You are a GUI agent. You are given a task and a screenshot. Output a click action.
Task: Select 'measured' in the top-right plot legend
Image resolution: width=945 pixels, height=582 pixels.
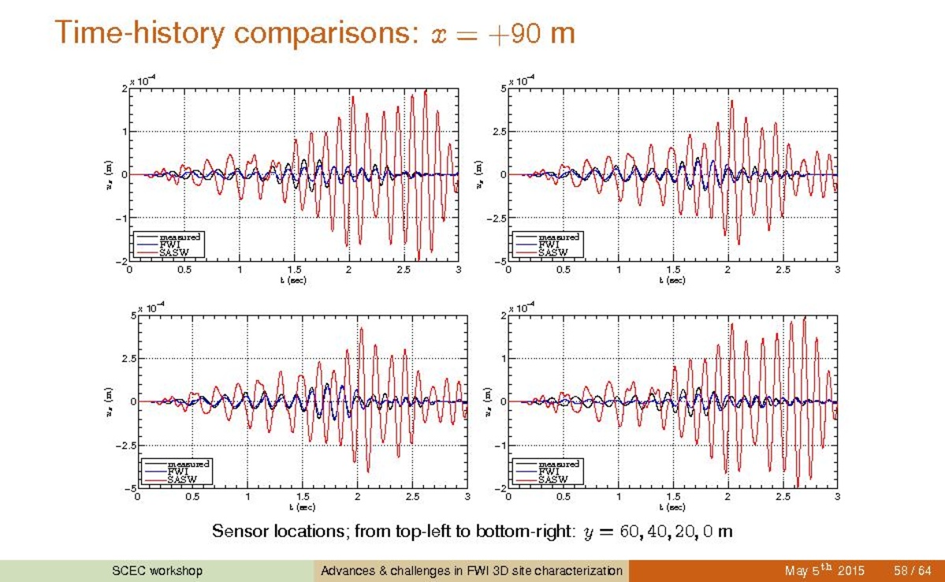558,237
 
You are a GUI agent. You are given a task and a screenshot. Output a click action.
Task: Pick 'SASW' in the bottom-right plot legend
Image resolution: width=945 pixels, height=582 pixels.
552,479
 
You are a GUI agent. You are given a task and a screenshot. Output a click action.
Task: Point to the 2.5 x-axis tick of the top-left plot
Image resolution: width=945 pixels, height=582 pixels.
404,270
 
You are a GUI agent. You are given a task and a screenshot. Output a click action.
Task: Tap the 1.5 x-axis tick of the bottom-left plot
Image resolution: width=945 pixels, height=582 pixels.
303,497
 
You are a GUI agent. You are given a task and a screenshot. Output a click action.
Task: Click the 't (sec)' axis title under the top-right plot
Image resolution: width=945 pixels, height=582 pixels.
672,280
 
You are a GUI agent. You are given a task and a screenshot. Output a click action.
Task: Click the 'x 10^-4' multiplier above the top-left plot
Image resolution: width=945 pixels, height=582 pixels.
142,81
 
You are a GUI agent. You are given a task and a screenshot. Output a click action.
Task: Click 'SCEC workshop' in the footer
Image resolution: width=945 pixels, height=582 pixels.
157,571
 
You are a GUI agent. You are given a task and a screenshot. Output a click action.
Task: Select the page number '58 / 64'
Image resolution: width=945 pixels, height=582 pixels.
913,571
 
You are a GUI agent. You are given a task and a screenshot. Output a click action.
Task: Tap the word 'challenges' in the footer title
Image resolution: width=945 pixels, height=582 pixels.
409,571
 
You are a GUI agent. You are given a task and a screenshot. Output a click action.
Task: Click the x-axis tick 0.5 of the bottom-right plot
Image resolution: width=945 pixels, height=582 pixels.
563,497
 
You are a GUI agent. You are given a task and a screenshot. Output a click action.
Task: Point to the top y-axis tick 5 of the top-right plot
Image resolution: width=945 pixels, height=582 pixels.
502,89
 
